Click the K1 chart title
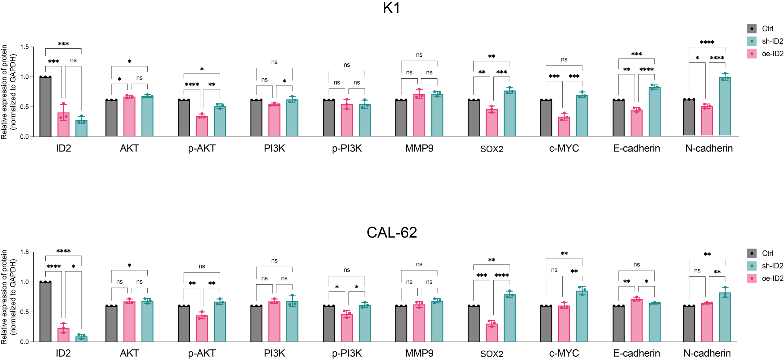coord(391,8)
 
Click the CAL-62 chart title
coord(391,232)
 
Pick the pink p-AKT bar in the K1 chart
coord(202,126)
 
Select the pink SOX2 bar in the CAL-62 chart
coord(492,332)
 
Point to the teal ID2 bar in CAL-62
coord(81,339)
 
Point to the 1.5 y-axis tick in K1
coord(24,47)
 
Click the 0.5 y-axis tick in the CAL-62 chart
coord(24,312)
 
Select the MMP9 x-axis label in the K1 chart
coord(419,148)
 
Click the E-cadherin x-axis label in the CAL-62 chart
coord(636,353)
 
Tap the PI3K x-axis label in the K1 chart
coord(274,148)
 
